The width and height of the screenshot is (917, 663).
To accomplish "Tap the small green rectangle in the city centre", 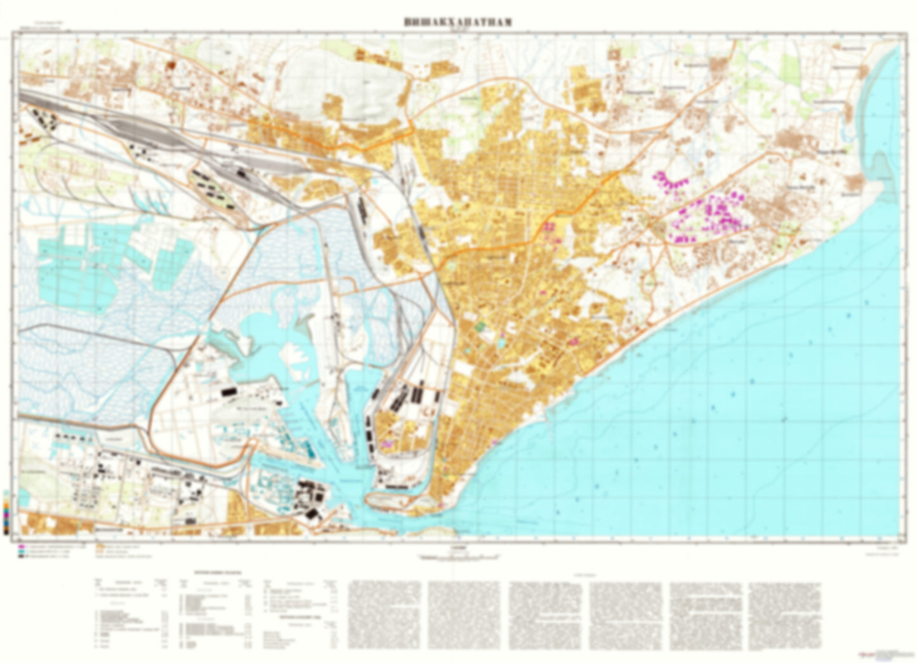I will point(480,326).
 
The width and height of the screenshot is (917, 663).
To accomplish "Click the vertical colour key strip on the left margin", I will point(6,514).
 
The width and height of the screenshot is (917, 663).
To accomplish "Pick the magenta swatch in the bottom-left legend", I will point(22,546).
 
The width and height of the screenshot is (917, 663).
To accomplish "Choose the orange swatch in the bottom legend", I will point(100,546).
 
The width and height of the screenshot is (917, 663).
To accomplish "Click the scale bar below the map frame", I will point(458,557).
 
